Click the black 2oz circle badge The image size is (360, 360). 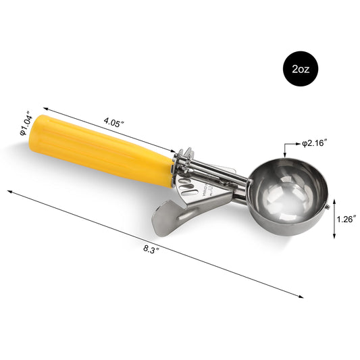(301, 69)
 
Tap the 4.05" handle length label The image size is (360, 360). (114, 122)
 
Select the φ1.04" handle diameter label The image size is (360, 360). (26, 124)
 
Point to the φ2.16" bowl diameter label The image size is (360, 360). (314, 143)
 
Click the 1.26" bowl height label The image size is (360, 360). (346, 219)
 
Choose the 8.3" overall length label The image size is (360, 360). (151, 249)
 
